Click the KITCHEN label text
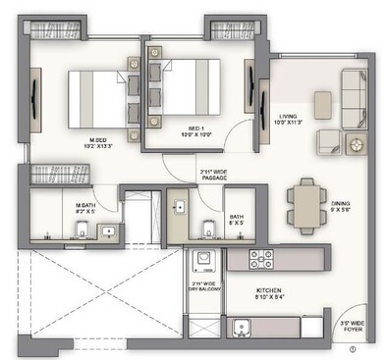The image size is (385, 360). (x=270, y=294)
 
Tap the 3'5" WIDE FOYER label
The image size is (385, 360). (x=352, y=325)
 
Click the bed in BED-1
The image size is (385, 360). (x=187, y=89)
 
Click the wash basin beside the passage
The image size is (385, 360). (x=181, y=210)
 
